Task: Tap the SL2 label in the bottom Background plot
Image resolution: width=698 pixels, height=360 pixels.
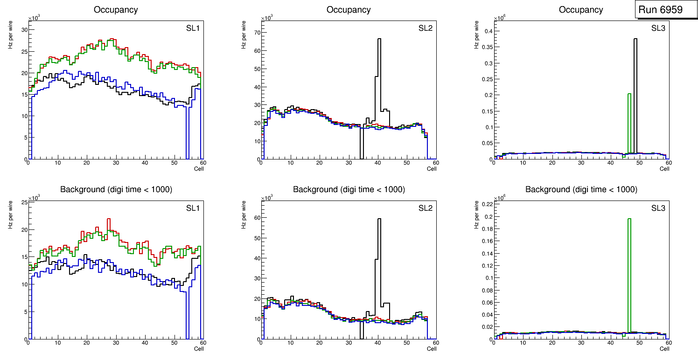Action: pos(426,208)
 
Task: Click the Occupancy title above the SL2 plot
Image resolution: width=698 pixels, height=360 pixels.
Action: pos(349,10)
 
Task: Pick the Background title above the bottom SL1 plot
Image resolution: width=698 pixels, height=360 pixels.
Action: pos(116,189)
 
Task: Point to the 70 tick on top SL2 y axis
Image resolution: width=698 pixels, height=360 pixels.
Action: pos(256,33)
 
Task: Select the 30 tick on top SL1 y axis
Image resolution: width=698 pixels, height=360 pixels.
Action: pos(24,30)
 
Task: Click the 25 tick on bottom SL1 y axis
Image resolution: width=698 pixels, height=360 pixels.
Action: pos(24,202)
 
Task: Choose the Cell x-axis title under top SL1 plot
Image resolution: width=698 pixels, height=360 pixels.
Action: pos(199,168)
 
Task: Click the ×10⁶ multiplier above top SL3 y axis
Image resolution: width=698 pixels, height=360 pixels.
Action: pos(501,18)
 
